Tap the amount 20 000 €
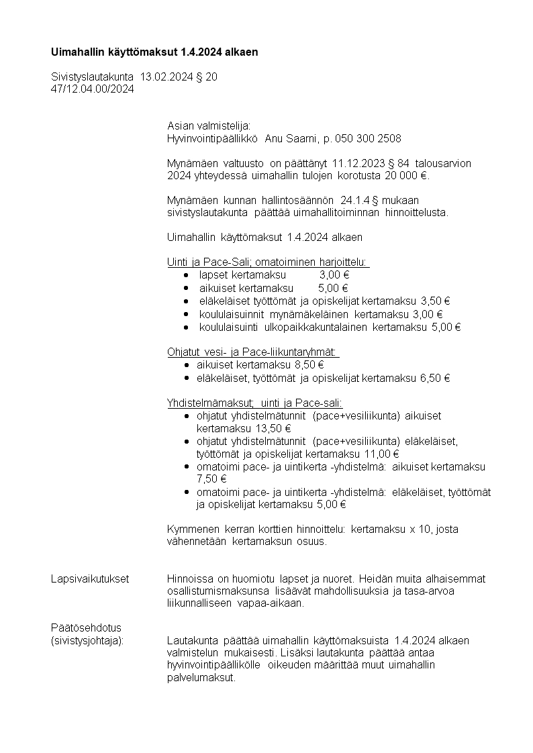pyautogui.click(x=405, y=176)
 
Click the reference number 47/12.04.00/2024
pyautogui.click(x=93, y=89)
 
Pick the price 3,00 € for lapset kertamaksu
pyautogui.click(x=334, y=275)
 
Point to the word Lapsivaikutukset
pyautogui.click(x=90, y=579)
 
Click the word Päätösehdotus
pyautogui.click(x=86, y=627)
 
